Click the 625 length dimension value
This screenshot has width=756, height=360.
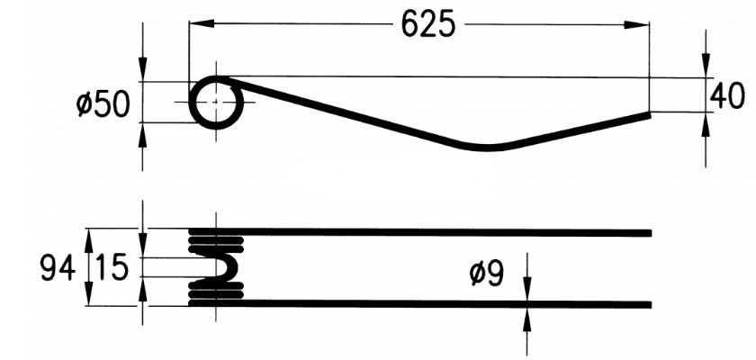click(x=427, y=25)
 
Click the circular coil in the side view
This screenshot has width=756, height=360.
click(x=216, y=102)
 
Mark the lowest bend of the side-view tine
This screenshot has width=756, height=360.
click(x=486, y=147)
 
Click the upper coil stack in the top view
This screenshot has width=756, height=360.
click(x=215, y=241)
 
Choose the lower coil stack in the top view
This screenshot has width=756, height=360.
click(x=215, y=291)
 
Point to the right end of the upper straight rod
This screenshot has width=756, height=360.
click(x=648, y=233)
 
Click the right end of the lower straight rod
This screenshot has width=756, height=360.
click(x=648, y=304)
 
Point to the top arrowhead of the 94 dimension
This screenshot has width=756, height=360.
click(x=88, y=236)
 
